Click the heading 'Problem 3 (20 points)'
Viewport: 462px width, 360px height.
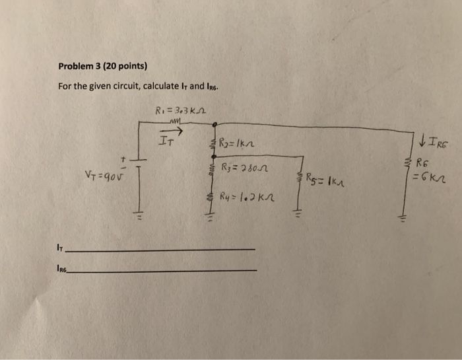102,66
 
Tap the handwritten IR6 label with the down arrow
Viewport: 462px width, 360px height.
432,140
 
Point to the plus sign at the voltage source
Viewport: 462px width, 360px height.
122,159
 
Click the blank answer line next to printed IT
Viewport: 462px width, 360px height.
161,249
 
